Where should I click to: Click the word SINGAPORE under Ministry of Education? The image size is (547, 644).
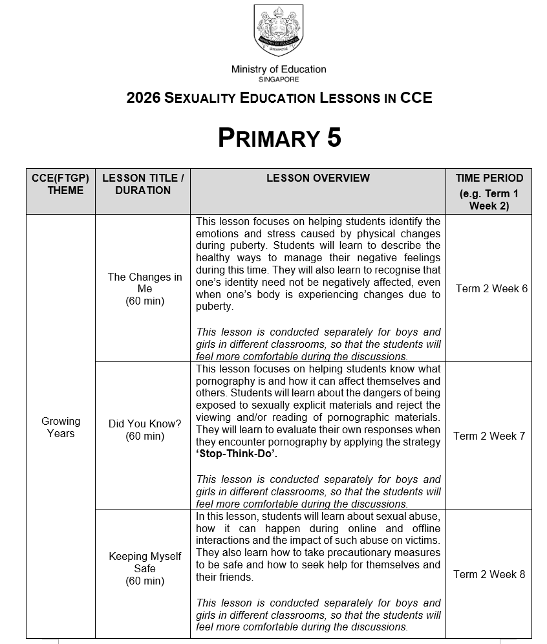tap(279, 80)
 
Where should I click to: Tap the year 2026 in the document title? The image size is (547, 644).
tap(143, 98)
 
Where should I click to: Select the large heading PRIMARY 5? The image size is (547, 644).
tap(279, 138)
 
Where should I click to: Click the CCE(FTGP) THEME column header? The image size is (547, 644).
tap(61, 184)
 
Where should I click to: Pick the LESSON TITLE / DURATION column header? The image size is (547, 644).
tap(143, 184)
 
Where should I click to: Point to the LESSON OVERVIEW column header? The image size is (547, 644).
tap(318, 178)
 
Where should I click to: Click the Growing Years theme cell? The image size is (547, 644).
tap(61, 427)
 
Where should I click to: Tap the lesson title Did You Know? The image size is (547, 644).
tap(145, 424)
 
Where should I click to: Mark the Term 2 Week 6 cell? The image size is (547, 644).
tap(491, 288)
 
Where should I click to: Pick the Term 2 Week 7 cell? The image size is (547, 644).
tap(489, 436)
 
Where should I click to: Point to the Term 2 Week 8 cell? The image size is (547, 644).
tap(489, 574)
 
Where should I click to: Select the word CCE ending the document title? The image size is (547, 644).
tap(416, 98)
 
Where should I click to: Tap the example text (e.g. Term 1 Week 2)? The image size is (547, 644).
tap(489, 200)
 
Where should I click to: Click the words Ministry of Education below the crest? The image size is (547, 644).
tap(279, 69)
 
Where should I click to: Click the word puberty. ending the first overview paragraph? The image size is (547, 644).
tap(215, 306)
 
